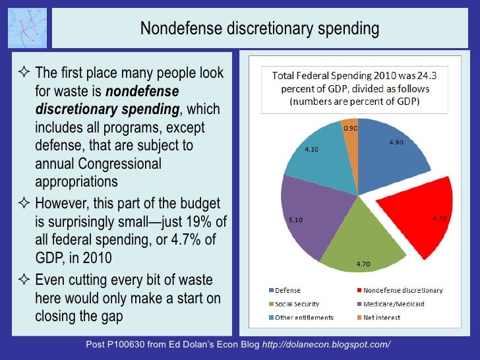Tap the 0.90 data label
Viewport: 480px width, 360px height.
click(x=351, y=129)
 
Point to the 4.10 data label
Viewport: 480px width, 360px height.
click(x=311, y=149)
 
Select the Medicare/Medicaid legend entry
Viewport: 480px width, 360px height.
click(x=392, y=303)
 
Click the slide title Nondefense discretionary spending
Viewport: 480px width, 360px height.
click(x=260, y=29)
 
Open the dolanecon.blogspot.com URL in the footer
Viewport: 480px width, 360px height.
click(x=326, y=345)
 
